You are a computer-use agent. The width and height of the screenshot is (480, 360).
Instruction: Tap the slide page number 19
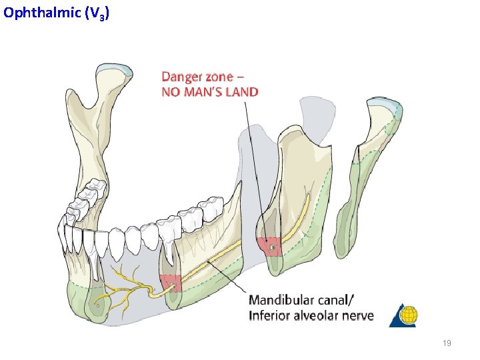click(x=447, y=343)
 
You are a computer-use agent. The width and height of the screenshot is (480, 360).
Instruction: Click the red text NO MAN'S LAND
click(x=210, y=91)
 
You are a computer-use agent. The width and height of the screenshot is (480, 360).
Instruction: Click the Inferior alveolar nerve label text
click(x=311, y=315)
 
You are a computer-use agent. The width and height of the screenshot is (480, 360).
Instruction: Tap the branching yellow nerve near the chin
click(x=127, y=287)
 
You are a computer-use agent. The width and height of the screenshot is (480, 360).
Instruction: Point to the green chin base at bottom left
click(x=87, y=303)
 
